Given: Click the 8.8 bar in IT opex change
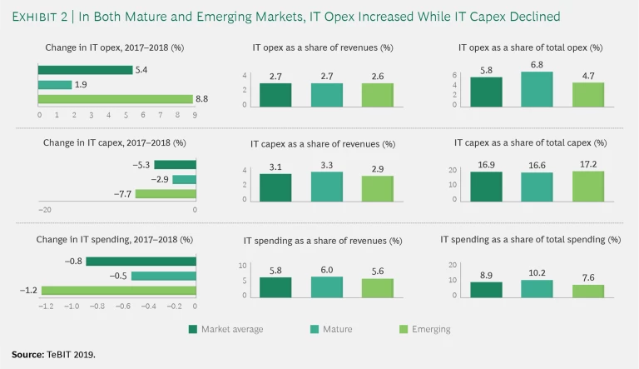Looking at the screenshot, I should tap(116, 98).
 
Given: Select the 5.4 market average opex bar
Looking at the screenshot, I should tap(86, 70).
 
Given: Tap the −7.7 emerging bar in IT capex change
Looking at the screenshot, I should tap(165, 193).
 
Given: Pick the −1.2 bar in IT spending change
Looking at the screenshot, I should tap(118, 291).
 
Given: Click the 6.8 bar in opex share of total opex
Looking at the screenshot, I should tap(537, 89).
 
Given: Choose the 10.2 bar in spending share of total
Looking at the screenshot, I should tap(537, 288).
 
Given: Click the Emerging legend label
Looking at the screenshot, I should tap(431, 329).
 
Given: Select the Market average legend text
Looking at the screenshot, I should tap(232, 329).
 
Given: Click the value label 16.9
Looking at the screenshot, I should tap(486, 166).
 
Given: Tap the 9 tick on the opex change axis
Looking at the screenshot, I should tap(194, 113).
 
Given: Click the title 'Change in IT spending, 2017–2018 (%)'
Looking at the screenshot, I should tap(114, 239).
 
